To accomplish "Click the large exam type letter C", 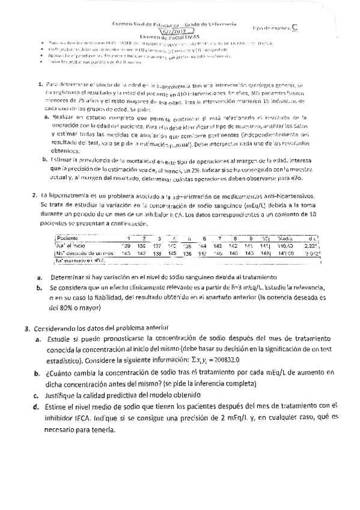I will pyautogui.click(x=294, y=27).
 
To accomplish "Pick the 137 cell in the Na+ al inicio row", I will pyautogui.click(x=158, y=245).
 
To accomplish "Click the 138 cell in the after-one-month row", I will pyautogui.click(x=158, y=253).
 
